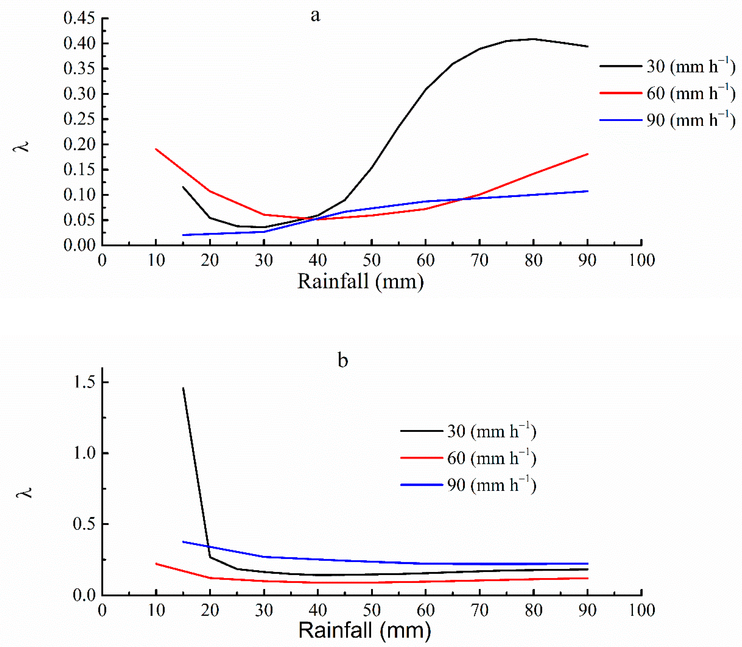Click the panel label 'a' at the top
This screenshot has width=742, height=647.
pyautogui.click(x=315, y=16)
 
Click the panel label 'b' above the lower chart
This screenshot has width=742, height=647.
pyautogui.click(x=343, y=360)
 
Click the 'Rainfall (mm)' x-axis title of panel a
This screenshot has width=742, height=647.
pyautogui.click(x=360, y=281)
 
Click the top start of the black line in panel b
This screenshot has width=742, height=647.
pyautogui.click(x=183, y=388)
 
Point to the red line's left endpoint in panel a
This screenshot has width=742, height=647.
pyautogui.click(x=156, y=149)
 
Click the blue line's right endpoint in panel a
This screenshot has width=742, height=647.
pyautogui.click(x=587, y=191)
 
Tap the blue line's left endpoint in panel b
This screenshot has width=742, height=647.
pyautogui.click(x=183, y=541)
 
